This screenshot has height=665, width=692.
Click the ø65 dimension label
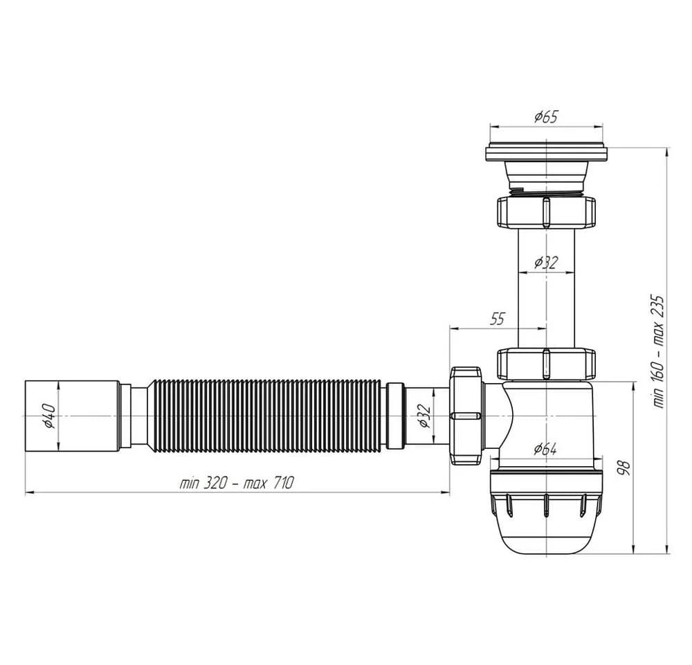pyautogui.click(x=546, y=117)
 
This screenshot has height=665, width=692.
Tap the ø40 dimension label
pyautogui.click(x=48, y=416)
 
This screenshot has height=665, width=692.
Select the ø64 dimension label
pyautogui.click(x=545, y=449)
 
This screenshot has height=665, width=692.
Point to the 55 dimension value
pyautogui.click(x=497, y=319)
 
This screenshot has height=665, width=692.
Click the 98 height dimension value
pyautogui.click(x=623, y=467)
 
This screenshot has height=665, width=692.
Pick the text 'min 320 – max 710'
pyautogui.click(x=236, y=483)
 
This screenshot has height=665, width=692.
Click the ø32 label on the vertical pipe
pyautogui.click(x=546, y=263)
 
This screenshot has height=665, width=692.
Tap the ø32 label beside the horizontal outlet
pyautogui.click(x=424, y=416)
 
